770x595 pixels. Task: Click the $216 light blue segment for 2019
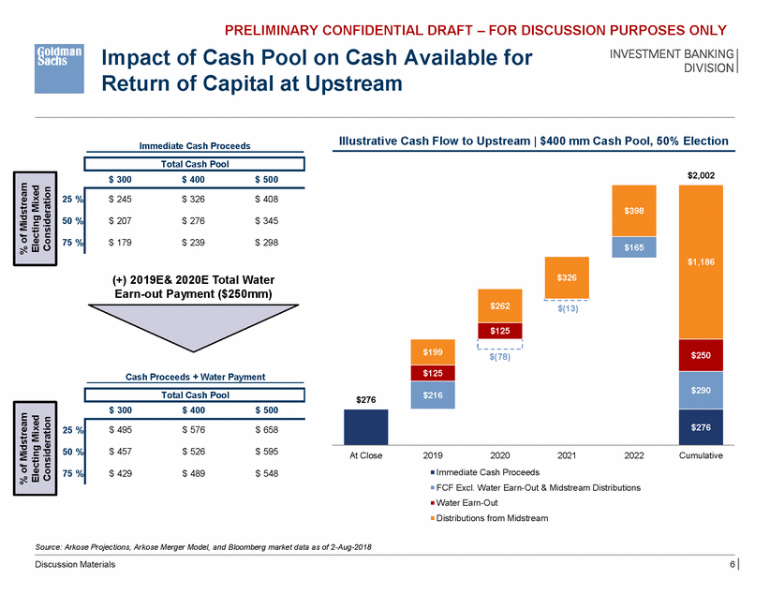[432, 395]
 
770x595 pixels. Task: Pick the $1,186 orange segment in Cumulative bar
[702, 262]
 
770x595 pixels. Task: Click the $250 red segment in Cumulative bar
[702, 355]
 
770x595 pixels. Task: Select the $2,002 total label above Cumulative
[702, 174]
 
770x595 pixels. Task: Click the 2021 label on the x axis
[567, 455]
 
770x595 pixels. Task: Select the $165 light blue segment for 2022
[634, 245]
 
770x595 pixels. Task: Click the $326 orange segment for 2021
[567, 278]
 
